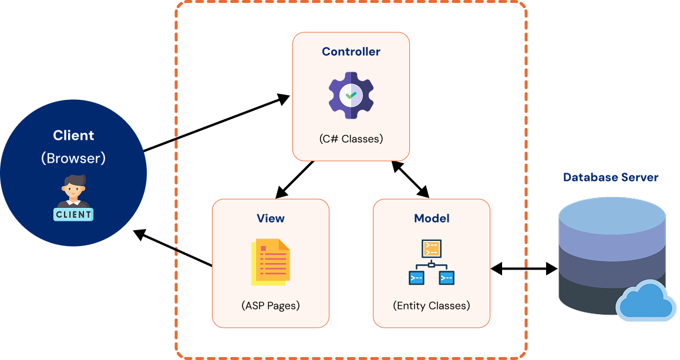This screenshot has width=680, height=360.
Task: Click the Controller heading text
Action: pos(351,52)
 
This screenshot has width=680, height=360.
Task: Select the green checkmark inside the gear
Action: pos(351,95)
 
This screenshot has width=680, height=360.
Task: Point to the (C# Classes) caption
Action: pos(351,139)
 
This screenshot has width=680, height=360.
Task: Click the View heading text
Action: pos(271,218)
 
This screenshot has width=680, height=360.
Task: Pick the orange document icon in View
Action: pos(271,263)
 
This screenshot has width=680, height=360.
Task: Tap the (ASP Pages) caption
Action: pos(271,306)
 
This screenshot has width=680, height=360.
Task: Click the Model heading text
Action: pos(432,218)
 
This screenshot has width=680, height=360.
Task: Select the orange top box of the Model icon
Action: pos(432,248)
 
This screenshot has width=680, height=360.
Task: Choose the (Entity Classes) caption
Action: pos(432,306)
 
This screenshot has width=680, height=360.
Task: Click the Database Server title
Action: pos(611,177)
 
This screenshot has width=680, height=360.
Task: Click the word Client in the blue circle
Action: pos(73,136)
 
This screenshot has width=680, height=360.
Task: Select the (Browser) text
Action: pos(73,159)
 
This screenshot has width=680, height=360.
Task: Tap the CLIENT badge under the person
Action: pos(73,214)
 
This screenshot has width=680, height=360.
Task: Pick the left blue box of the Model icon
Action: pos(416,278)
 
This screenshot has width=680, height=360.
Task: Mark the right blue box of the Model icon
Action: pos(447,278)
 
